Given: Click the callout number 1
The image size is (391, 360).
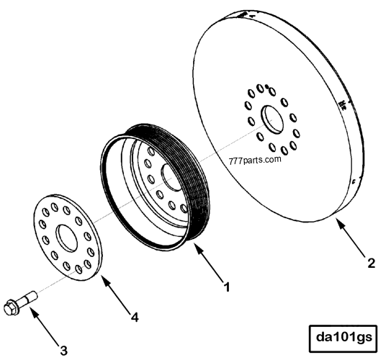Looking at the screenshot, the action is coord(226,287).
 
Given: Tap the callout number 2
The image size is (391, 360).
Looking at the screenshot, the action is coord(372,263).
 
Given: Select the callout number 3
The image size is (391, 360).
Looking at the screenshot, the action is coord(64,351).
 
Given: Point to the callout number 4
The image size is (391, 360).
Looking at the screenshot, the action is coord(135,318).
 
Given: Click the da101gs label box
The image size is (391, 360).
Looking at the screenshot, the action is coord(343,338).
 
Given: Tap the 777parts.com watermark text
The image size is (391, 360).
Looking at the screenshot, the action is coord(255,160).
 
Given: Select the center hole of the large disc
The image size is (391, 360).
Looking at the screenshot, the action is coord(272,119).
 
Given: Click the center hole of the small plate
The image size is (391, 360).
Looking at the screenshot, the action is coord(67,238).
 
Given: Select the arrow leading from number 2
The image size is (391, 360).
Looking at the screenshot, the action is coord(351,237).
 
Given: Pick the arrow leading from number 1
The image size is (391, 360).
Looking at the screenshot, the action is coord(209,263).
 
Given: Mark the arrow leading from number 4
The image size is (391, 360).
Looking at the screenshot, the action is coord(115,293).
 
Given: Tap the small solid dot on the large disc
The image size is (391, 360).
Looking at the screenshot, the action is coord(266,86).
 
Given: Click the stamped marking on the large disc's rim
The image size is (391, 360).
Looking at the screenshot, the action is coord(343,105).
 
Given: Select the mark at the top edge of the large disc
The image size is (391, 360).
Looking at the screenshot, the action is coord(243,15).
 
